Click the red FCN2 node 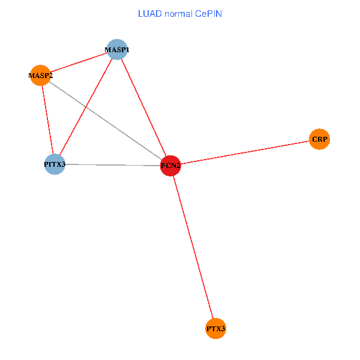[170, 165]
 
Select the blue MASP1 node [116, 49]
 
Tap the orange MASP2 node [40, 76]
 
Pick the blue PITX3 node [55, 164]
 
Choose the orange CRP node [319, 139]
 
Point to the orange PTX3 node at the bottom [215, 329]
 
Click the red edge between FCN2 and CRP [245, 152]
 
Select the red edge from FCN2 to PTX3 [193, 247]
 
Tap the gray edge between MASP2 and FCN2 [105, 120]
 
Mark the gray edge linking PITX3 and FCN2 [112, 164]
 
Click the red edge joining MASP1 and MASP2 [78, 62]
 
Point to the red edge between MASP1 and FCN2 [143, 107]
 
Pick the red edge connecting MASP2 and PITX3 [47, 120]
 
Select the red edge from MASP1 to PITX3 [85, 107]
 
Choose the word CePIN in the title [209, 13]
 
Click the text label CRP [319, 139]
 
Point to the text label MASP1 [117, 49]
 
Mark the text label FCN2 [170, 165]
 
